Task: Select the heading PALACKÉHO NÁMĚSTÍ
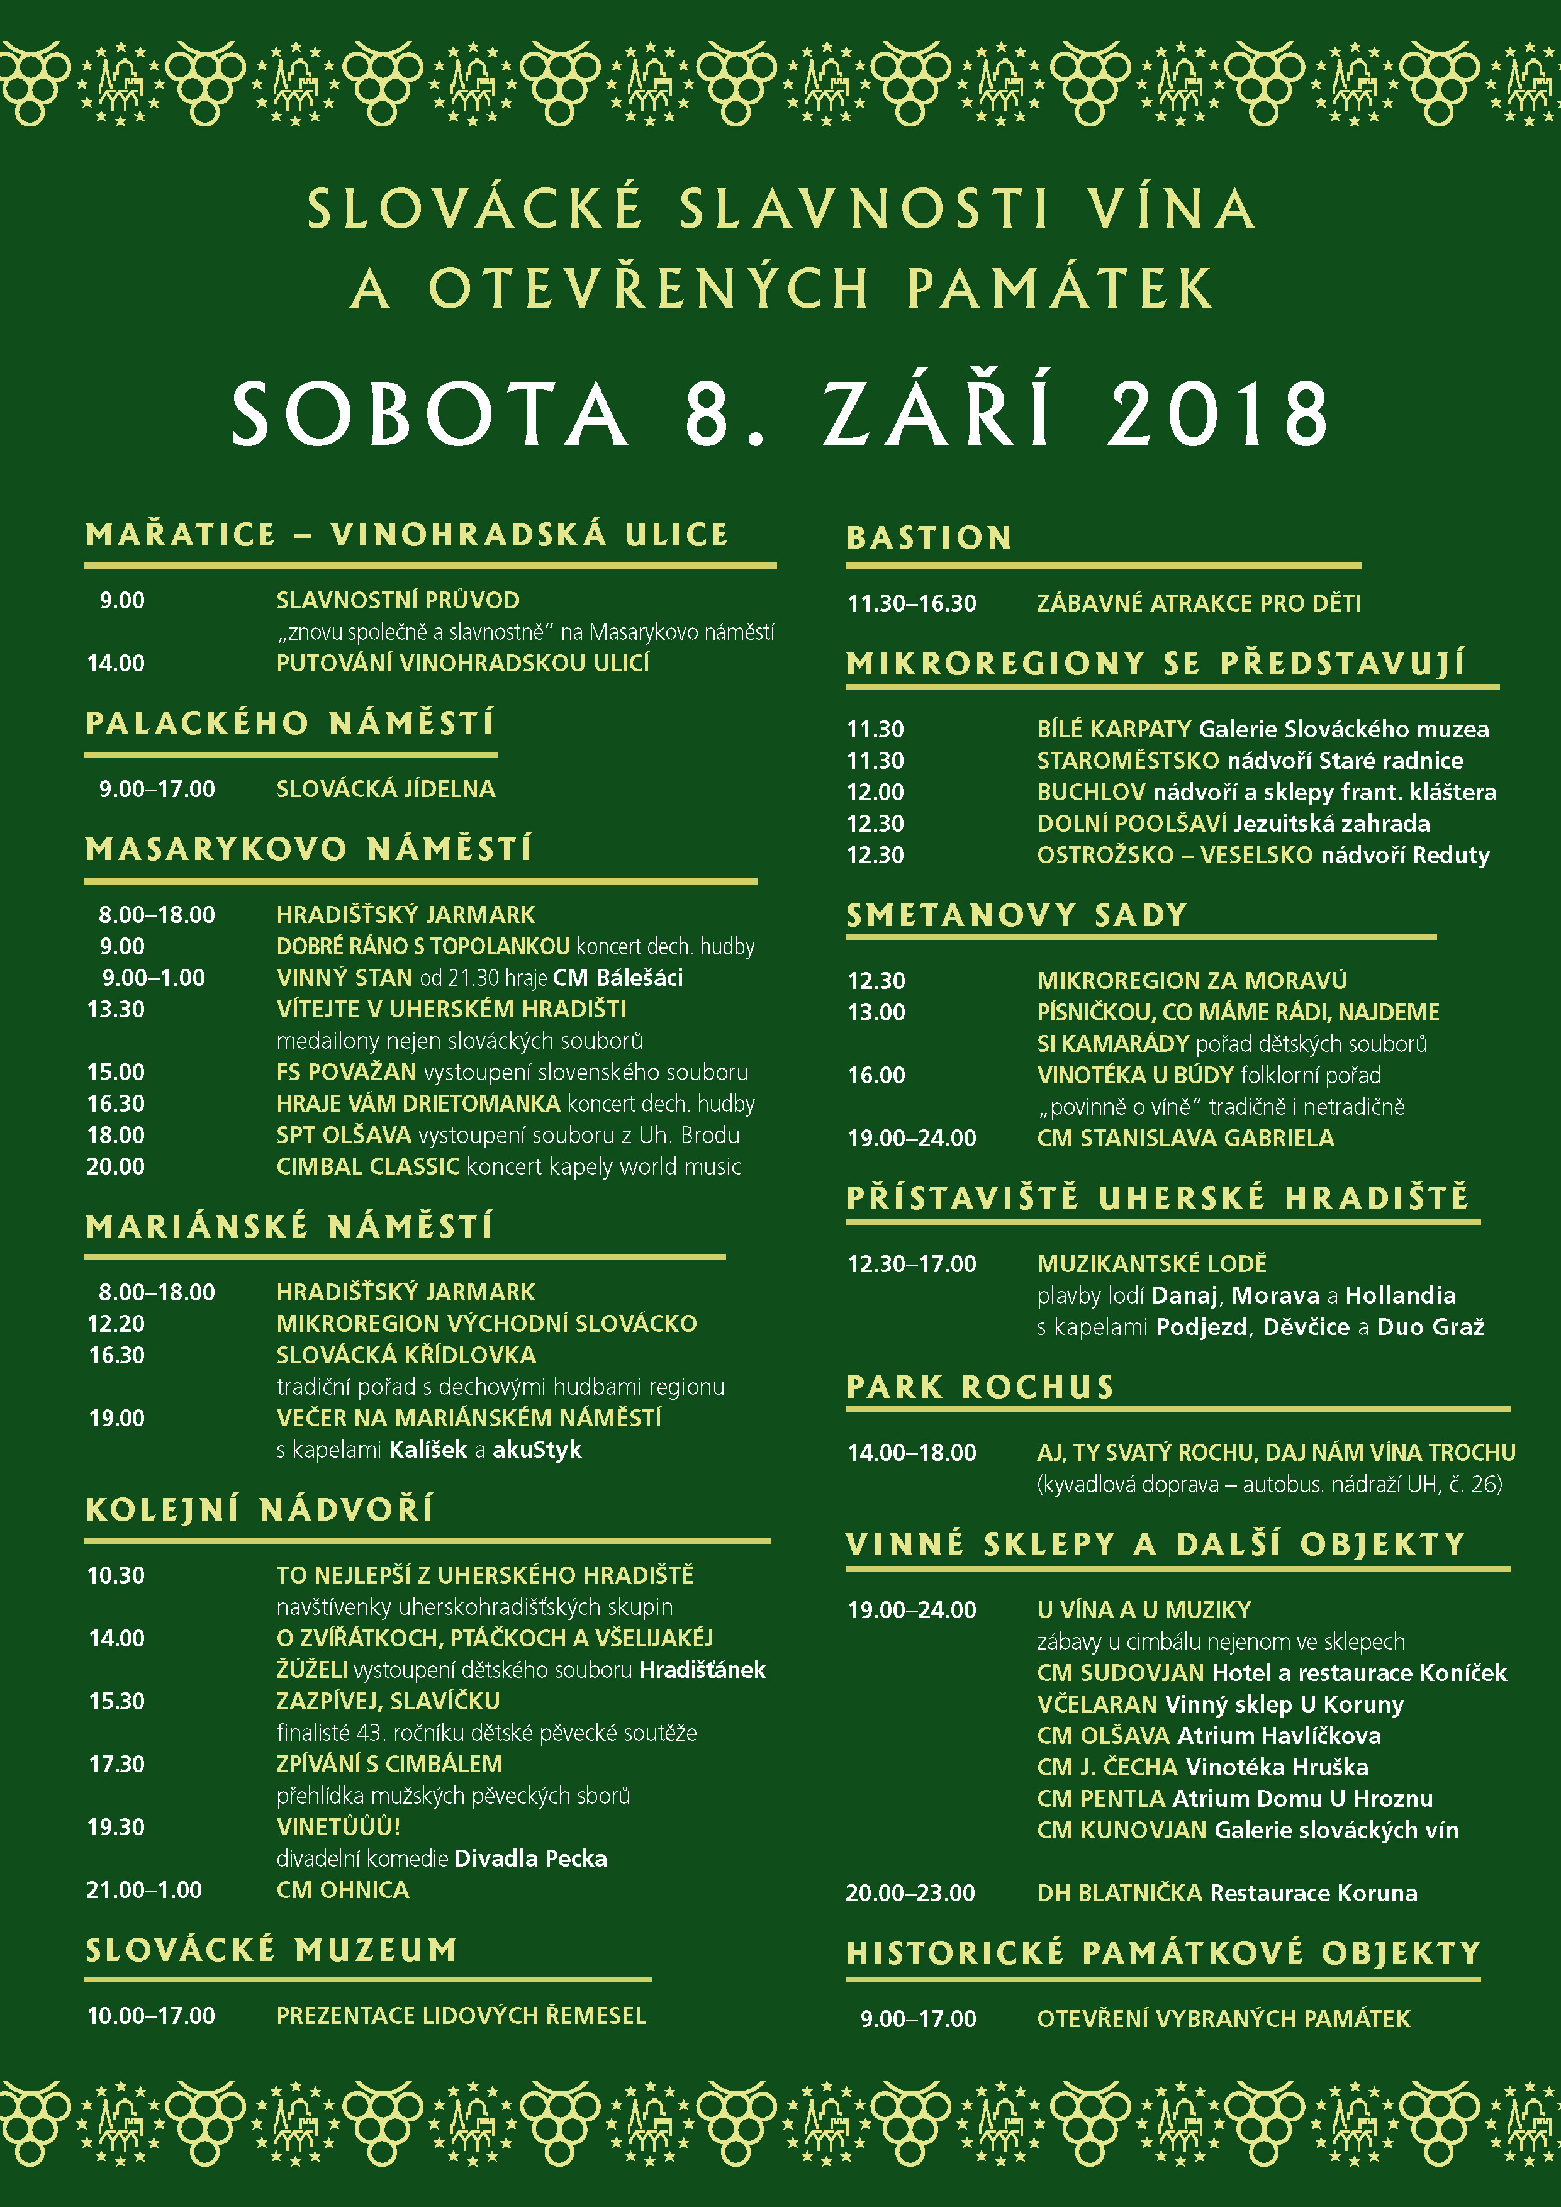click(289, 723)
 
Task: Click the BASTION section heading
click(929, 537)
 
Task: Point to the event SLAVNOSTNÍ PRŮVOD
click(398, 601)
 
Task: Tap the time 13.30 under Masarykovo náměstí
click(116, 1009)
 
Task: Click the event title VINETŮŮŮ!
click(338, 1827)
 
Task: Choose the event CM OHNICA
click(342, 1890)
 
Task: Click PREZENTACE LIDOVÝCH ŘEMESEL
click(461, 2016)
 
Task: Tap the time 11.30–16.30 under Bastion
click(911, 604)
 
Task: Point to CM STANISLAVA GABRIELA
click(1185, 1138)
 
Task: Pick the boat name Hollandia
click(1401, 1296)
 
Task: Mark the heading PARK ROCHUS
click(980, 1387)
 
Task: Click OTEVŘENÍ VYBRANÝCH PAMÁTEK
click(1223, 2019)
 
